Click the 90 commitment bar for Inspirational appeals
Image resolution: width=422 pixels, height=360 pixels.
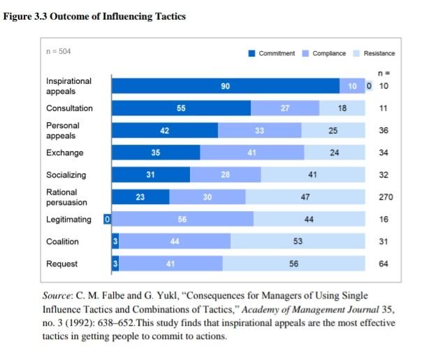[226, 86]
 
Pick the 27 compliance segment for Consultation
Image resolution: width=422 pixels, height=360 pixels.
[285, 108]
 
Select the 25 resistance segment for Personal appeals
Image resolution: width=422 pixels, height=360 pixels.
[333, 131]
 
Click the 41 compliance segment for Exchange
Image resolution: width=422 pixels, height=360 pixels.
[252, 153]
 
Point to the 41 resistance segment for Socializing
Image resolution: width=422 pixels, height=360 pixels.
[313, 175]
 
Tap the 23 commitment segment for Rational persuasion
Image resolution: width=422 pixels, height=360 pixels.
[140, 197]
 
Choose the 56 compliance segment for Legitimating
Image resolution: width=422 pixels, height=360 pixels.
[183, 219]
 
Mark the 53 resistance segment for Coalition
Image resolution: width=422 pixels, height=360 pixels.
[298, 242]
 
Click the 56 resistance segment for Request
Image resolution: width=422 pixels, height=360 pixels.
[293, 264]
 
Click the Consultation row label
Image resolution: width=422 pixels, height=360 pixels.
[69, 108]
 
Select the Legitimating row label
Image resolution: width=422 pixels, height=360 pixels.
[68, 219]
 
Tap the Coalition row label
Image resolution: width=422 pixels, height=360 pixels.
[62, 242]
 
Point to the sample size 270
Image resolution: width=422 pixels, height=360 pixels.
[386, 197]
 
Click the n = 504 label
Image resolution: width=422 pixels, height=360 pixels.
[59, 52]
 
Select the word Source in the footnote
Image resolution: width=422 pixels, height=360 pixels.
[57, 296]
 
